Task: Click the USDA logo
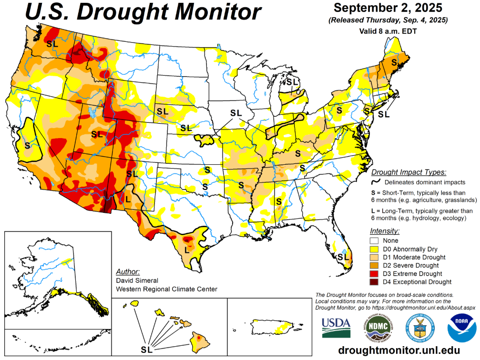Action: (336, 327)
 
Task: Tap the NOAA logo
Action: (461, 327)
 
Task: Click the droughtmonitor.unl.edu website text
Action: (398, 350)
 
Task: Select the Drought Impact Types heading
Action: (409, 172)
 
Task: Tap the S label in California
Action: (27, 145)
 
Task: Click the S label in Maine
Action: (394, 62)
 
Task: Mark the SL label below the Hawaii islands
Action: (147, 349)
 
